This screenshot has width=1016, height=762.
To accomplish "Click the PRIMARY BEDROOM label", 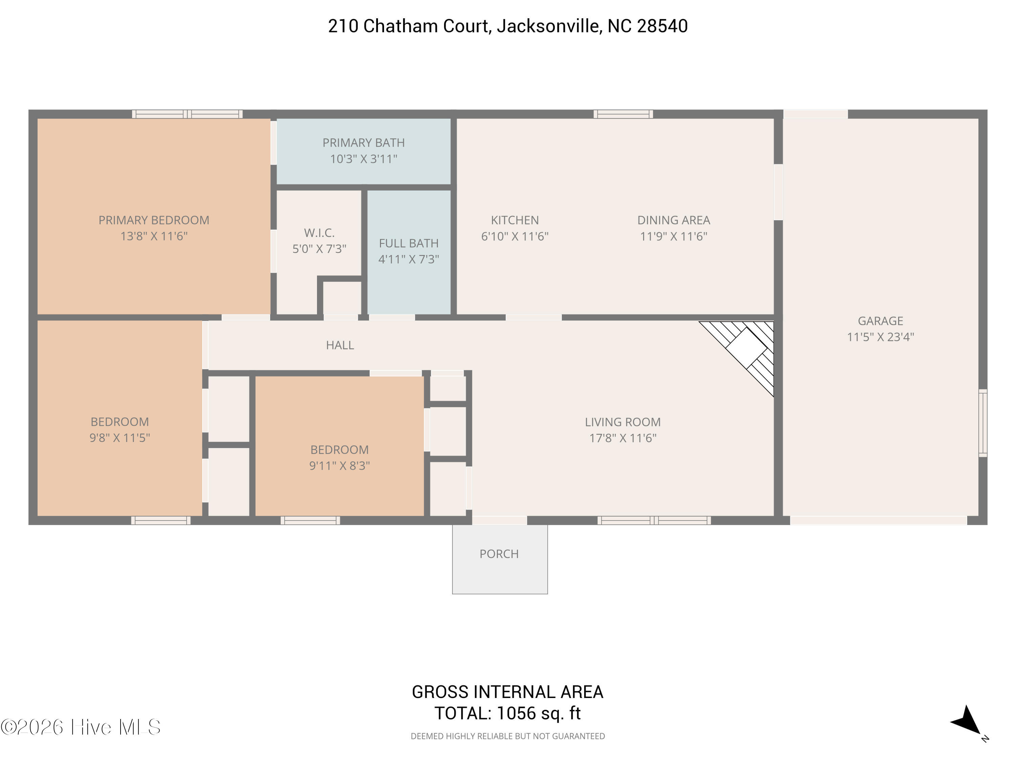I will pyautogui.click(x=154, y=220).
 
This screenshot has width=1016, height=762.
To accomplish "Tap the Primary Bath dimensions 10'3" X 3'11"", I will pyautogui.click(x=363, y=159).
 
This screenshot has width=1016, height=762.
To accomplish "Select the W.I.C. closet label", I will pyautogui.click(x=319, y=232).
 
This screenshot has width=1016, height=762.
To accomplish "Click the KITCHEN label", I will pyautogui.click(x=514, y=220).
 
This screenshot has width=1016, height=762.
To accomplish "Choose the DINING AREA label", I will pyautogui.click(x=673, y=220).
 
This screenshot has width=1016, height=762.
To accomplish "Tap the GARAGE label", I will pyautogui.click(x=880, y=321).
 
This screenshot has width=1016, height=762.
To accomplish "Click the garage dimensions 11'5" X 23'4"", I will pyautogui.click(x=880, y=337).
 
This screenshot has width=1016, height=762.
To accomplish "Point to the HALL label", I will pyautogui.click(x=340, y=345).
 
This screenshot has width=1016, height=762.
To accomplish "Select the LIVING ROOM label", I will pyautogui.click(x=622, y=422).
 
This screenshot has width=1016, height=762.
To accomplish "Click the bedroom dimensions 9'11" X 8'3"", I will pyautogui.click(x=339, y=465).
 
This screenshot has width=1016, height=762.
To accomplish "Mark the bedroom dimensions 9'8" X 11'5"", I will pyautogui.click(x=120, y=437).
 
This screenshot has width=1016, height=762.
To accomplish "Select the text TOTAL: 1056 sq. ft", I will pyautogui.click(x=508, y=713).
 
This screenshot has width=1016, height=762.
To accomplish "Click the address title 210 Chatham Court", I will pyautogui.click(x=508, y=26).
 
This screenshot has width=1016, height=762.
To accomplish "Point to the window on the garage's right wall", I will pyautogui.click(x=982, y=423).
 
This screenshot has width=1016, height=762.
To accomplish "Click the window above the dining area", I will pyautogui.click(x=623, y=114).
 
